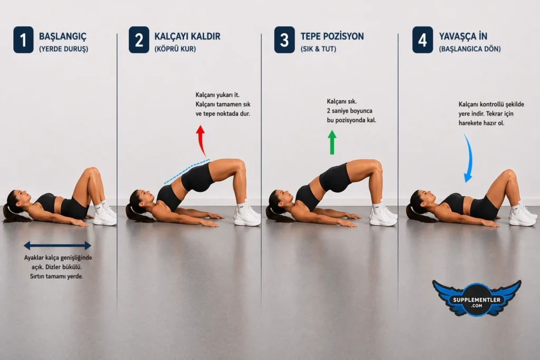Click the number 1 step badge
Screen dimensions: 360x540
click(x=23, y=40)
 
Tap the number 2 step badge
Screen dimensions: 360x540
click(x=139, y=40)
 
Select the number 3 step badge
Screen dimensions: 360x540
click(x=284, y=40)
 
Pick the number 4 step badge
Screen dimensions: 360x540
click(x=422, y=40)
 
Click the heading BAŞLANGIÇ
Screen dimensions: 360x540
click(x=63, y=36)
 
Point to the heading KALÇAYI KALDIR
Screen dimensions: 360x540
click(x=187, y=36)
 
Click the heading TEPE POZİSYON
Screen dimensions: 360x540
click(x=332, y=36)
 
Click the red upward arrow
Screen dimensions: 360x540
click(x=201, y=140)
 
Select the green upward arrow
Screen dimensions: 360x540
click(x=332, y=142)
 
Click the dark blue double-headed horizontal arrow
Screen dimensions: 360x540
click(x=57, y=245)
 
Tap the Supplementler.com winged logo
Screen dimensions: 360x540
click(x=477, y=298)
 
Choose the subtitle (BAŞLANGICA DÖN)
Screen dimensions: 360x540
click(x=470, y=49)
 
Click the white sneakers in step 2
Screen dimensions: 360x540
click(x=247, y=216)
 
